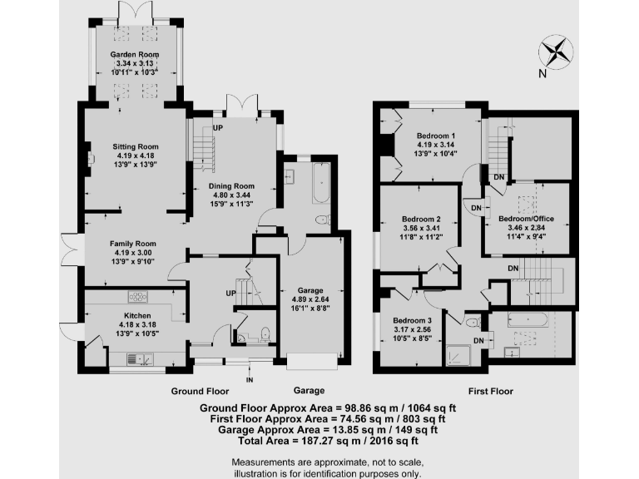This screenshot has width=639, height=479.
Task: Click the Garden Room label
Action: [136, 55]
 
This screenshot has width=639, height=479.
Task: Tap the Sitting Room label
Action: [136, 146]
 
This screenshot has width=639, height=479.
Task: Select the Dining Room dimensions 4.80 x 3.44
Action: [231, 195]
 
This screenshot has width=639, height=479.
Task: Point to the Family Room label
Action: [134, 244]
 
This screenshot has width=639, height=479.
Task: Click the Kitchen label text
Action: [136, 317]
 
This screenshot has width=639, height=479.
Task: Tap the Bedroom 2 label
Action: [421, 220]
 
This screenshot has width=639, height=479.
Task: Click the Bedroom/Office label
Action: [526, 219]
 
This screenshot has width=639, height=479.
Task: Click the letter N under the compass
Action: [542, 74]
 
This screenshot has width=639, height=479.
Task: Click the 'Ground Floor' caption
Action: [200, 390]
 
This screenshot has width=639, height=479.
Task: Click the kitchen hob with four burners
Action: [137, 296]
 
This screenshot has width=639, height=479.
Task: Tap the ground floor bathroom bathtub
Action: [320, 184]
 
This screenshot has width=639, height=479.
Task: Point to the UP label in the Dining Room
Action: [219, 128]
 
